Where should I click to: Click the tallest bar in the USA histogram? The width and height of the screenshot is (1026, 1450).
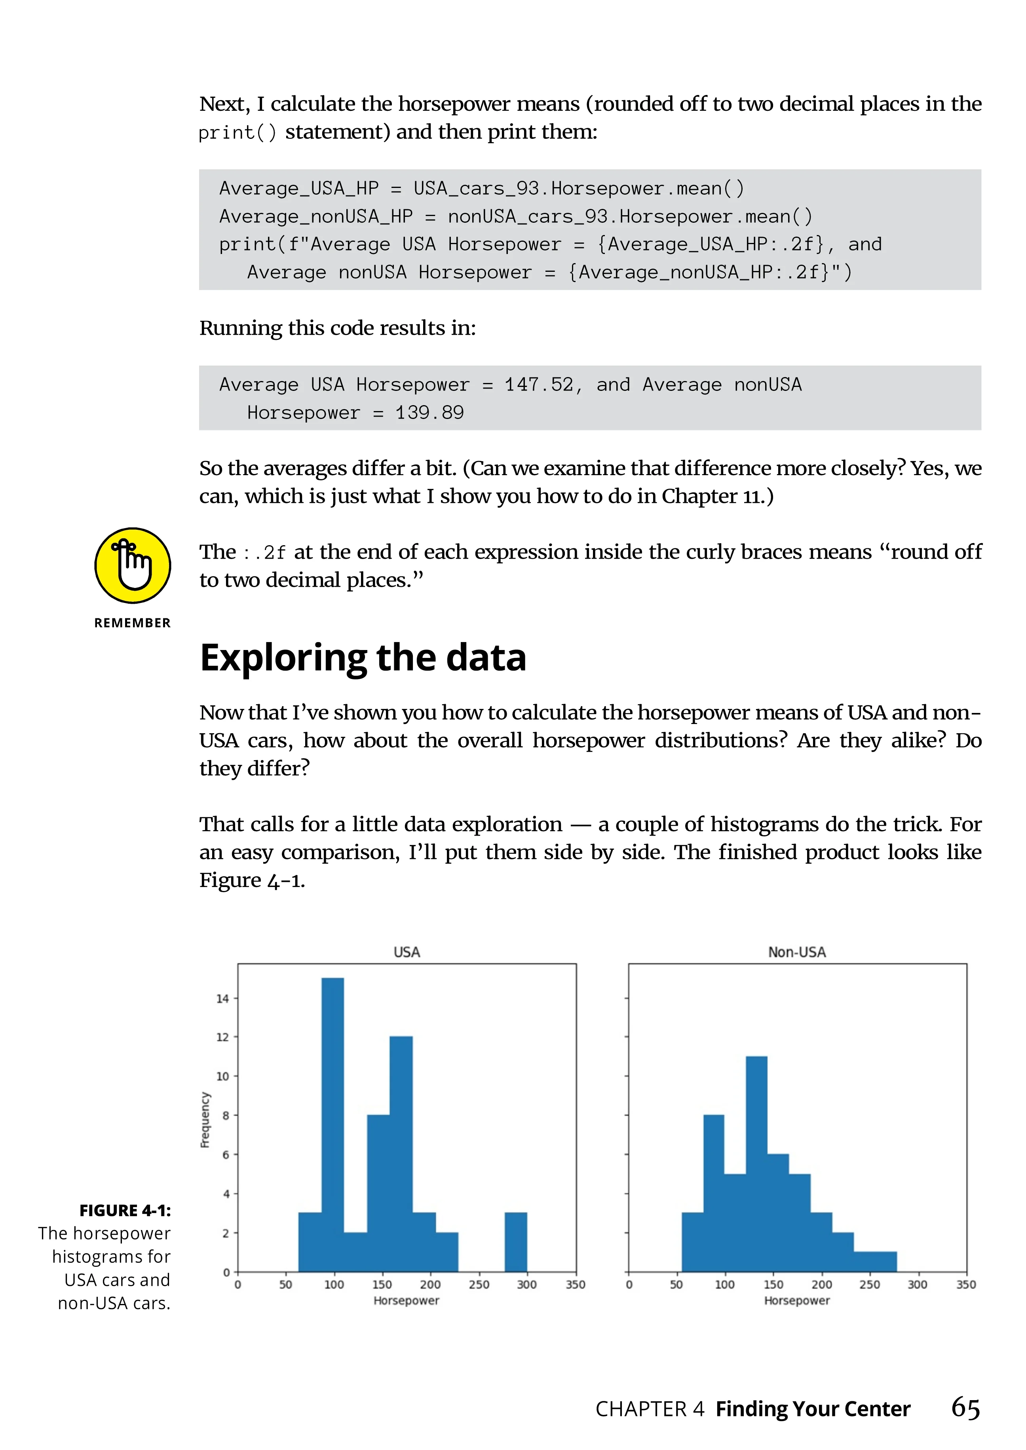(x=332, y=1124)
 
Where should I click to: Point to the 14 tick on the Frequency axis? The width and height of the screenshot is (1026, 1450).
(x=222, y=999)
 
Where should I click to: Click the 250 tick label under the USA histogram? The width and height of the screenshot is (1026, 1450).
(x=479, y=1285)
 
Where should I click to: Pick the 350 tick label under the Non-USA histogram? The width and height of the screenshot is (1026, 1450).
(x=966, y=1285)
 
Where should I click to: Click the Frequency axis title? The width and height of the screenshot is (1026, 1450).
(x=205, y=1119)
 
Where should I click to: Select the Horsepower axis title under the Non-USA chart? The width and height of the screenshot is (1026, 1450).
(x=797, y=1300)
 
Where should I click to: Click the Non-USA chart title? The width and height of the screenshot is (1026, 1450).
(x=797, y=952)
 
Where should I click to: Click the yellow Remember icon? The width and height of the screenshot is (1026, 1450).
(x=133, y=565)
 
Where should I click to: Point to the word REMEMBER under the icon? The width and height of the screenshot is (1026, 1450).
(x=133, y=623)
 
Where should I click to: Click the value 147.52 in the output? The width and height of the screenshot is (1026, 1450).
(x=538, y=385)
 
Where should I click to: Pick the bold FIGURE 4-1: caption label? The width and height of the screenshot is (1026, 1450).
(x=125, y=1210)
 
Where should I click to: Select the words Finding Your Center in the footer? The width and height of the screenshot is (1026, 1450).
(x=813, y=1409)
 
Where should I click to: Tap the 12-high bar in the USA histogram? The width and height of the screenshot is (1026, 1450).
(x=401, y=1153)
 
